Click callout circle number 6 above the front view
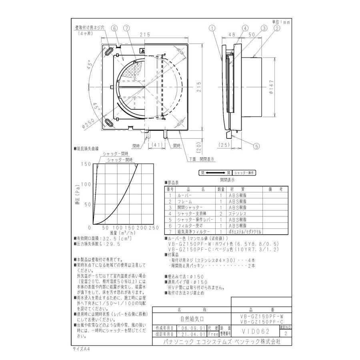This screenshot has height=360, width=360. click(x=114, y=28)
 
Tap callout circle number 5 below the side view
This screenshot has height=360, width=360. click(x=256, y=146)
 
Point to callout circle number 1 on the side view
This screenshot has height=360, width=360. click(x=212, y=28)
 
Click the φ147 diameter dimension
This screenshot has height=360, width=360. click(x=271, y=86)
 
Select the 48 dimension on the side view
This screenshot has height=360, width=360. click(x=232, y=35)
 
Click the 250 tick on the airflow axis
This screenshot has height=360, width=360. click(x=153, y=228)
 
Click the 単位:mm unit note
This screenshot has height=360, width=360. click(x=280, y=22)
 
